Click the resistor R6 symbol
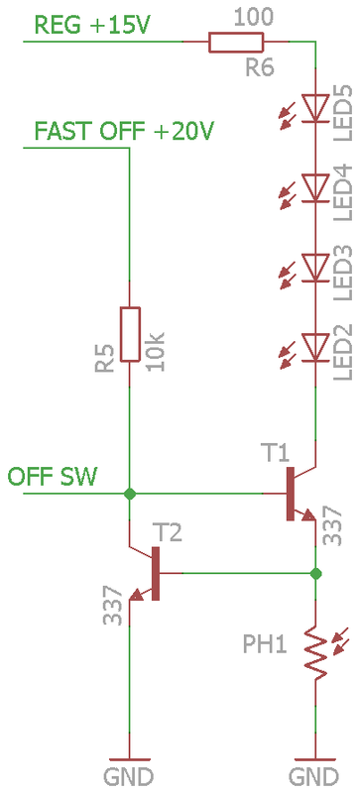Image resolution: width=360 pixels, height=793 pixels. pos(236,42)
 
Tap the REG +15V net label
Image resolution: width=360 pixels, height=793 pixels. pos(91,24)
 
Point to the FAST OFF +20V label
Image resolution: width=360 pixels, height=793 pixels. pos(124,131)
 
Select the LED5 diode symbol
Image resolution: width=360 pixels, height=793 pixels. pos(314,107)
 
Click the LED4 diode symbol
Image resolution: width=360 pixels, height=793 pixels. pos(314,186)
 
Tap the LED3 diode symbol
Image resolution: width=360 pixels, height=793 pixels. pos(314,266)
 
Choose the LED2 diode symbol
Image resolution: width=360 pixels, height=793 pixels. pos(314,345)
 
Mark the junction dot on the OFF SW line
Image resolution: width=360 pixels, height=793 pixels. pos(129,493)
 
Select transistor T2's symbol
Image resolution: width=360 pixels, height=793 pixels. pos(149,573)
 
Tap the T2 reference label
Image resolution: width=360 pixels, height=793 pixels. pos(169,533)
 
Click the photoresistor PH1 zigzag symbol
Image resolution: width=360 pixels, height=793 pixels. pos(315,652)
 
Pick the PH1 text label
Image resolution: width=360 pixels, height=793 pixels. pos(265,645)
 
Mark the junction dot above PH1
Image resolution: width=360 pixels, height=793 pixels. pos(315,573)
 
